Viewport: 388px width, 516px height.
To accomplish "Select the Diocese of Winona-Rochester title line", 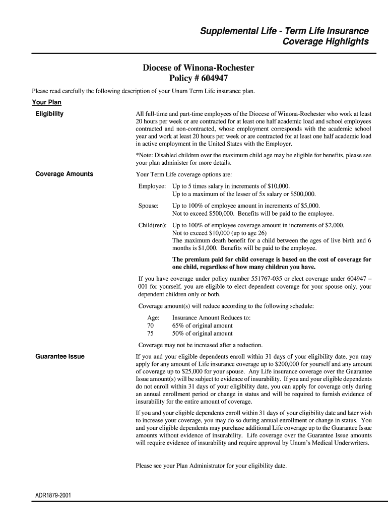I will click(x=198, y=68).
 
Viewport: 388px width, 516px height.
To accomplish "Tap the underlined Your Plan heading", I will click(x=46, y=103).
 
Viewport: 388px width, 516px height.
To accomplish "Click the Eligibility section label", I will click(x=49, y=114).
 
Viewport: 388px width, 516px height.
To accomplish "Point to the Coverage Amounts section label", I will click(x=64, y=174).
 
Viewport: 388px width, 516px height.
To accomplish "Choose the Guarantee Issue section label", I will click(x=60, y=357).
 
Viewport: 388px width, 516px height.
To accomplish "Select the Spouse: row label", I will click(x=149, y=206).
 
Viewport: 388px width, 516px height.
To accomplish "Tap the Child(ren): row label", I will click(x=153, y=225).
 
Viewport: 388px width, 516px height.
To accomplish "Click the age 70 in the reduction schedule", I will click(x=151, y=326).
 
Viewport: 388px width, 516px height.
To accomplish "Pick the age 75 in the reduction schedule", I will click(x=151, y=333).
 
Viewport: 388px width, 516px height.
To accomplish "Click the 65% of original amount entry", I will click(x=202, y=326).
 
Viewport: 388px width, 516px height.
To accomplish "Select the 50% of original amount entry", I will click(x=202, y=333).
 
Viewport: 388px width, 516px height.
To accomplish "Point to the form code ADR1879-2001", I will click(x=53, y=496).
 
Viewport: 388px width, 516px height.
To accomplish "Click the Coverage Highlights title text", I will click(x=326, y=42).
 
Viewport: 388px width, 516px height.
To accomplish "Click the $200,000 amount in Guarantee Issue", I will click(x=285, y=364).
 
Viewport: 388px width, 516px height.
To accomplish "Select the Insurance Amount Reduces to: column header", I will click(x=211, y=318).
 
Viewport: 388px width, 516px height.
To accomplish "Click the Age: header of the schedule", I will click(x=153, y=318).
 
